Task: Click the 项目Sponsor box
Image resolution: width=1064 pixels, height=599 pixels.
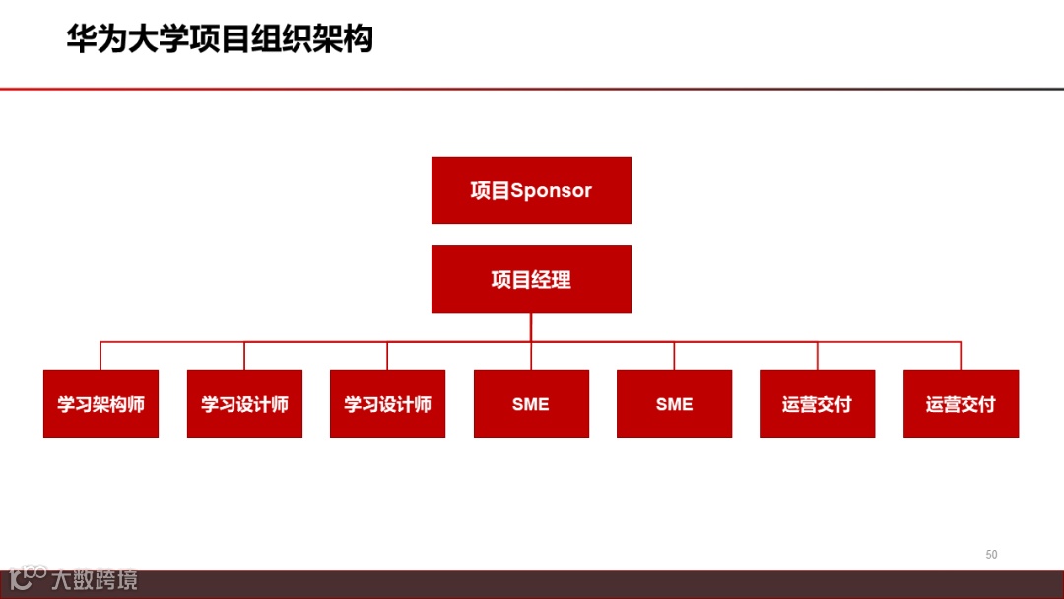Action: click(531, 190)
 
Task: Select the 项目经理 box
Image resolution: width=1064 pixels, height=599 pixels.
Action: click(531, 280)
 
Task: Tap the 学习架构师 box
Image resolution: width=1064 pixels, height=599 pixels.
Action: click(100, 404)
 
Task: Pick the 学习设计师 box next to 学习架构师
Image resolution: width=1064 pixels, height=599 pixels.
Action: click(244, 404)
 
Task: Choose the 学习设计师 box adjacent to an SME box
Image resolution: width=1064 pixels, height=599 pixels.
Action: click(387, 404)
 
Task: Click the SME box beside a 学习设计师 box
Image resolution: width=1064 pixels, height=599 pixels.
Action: click(531, 404)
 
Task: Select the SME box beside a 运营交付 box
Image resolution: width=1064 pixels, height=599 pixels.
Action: click(674, 404)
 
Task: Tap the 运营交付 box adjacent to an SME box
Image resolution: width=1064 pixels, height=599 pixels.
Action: click(817, 404)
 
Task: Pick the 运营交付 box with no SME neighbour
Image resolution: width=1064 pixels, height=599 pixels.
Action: click(961, 404)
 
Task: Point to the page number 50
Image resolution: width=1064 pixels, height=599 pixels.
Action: click(991, 555)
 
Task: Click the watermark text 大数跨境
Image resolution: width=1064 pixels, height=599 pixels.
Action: click(95, 579)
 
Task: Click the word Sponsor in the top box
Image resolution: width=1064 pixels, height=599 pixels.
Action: click(552, 191)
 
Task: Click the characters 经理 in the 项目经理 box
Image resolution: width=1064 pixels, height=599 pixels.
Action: click(552, 280)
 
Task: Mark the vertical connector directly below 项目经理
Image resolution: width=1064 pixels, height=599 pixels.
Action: click(531, 327)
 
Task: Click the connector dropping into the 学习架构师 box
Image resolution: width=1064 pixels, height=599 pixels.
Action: click(100, 356)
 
